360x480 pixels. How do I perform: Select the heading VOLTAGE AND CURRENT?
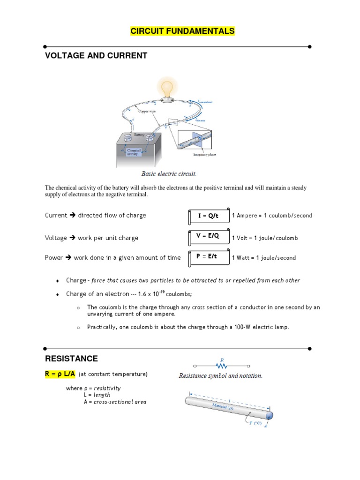pyautogui.click(x=96, y=56)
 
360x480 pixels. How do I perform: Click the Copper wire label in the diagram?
pyautogui.click(x=147, y=112)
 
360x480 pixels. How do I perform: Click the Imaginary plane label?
pyautogui.click(x=205, y=154)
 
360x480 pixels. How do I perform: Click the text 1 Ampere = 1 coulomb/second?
pyautogui.click(x=272, y=216)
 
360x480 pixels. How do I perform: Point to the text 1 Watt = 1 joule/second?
pyautogui.click(x=264, y=258)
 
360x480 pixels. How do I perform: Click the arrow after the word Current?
pyautogui.click(x=72, y=216)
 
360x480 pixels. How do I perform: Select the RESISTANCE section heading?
pyautogui.click(x=71, y=359)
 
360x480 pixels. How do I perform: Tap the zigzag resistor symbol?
pyautogui.click(x=221, y=366)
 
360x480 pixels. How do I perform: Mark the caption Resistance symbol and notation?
pyautogui.click(x=220, y=376)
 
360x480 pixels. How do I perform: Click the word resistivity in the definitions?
pyautogui.click(x=107, y=388)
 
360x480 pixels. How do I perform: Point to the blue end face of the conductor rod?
pyautogui.click(x=269, y=415)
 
